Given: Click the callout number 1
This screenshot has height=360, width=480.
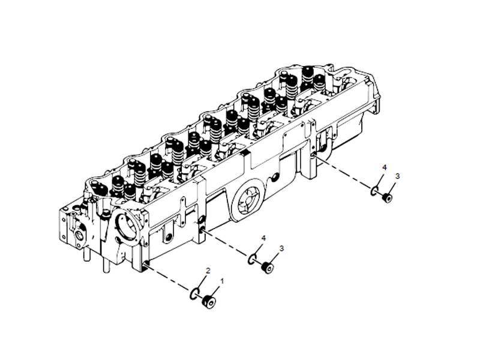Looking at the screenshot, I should pyautogui.click(x=223, y=280).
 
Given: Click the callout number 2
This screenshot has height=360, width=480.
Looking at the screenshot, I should pyautogui.click(x=208, y=271).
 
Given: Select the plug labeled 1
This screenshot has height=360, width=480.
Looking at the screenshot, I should pyautogui.click(x=209, y=301).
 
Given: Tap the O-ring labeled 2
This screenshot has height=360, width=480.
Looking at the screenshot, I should pyautogui.click(x=193, y=293).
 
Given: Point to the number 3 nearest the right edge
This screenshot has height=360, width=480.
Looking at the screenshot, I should pyautogui.click(x=398, y=176).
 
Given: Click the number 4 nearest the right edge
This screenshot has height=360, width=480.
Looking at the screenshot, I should pyautogui.click(x=385, y=167).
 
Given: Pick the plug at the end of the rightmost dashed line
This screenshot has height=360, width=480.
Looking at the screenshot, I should pyautogui.click(x=387, y=197).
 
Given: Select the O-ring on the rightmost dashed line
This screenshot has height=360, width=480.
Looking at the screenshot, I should pyautogui.click(x=374, y=191).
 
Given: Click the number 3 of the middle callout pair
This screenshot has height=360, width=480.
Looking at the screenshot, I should pyautogui.click(x=281, y=247).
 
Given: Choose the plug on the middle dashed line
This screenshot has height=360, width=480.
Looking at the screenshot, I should pyautogui.click(x=268, y=267).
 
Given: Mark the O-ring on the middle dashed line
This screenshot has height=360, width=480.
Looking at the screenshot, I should pyautogui.click(x=253, y=260).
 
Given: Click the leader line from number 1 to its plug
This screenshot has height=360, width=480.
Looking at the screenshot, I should pyautogui.click(x=217, y=289).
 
